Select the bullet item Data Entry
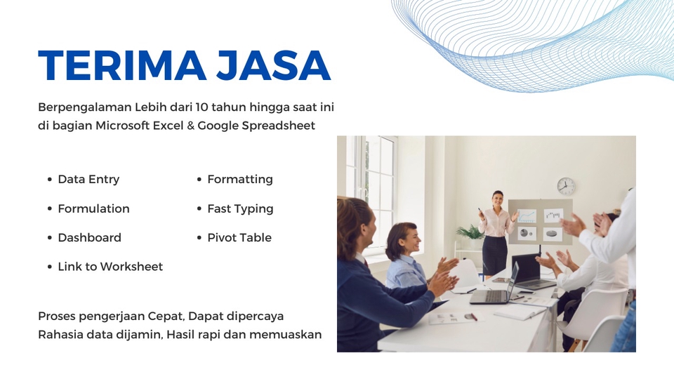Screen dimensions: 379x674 [88, 180]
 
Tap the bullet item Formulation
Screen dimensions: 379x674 [93, 208]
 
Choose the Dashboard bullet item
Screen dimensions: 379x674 [89, 238]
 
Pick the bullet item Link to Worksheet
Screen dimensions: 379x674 [110, 267]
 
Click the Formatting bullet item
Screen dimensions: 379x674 [240, 180]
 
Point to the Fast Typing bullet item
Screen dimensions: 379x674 [240, 208]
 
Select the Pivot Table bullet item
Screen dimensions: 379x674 [239, 238]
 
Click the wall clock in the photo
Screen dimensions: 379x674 [566, 186]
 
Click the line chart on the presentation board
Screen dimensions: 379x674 [527, 215]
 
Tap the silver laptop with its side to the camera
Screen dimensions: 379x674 [494, 286]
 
